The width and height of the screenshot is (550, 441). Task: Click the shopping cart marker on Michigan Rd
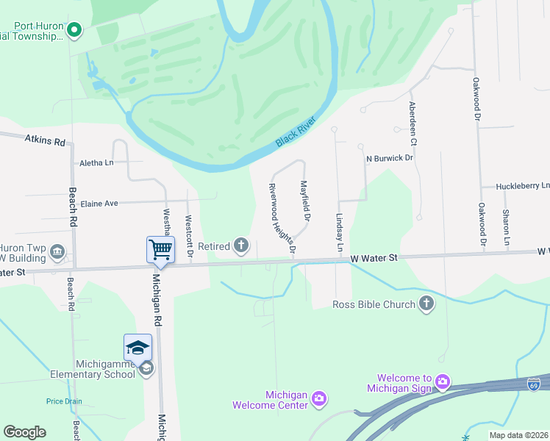160,249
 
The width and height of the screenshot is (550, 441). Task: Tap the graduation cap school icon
138,348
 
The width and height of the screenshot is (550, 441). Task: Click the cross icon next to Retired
241,246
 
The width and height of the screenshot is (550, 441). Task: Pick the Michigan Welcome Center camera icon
318,398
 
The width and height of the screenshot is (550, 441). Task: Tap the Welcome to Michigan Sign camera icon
442,381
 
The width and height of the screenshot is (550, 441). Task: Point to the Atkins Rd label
45,140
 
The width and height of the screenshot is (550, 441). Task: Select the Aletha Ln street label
96,163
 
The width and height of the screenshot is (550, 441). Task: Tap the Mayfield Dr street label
305,200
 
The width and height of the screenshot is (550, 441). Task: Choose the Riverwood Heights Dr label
282,219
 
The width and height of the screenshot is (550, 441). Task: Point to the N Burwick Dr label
390,158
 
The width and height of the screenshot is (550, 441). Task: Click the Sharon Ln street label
507,227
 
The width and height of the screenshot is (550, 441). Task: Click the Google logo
25,432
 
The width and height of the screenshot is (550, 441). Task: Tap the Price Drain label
63,401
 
